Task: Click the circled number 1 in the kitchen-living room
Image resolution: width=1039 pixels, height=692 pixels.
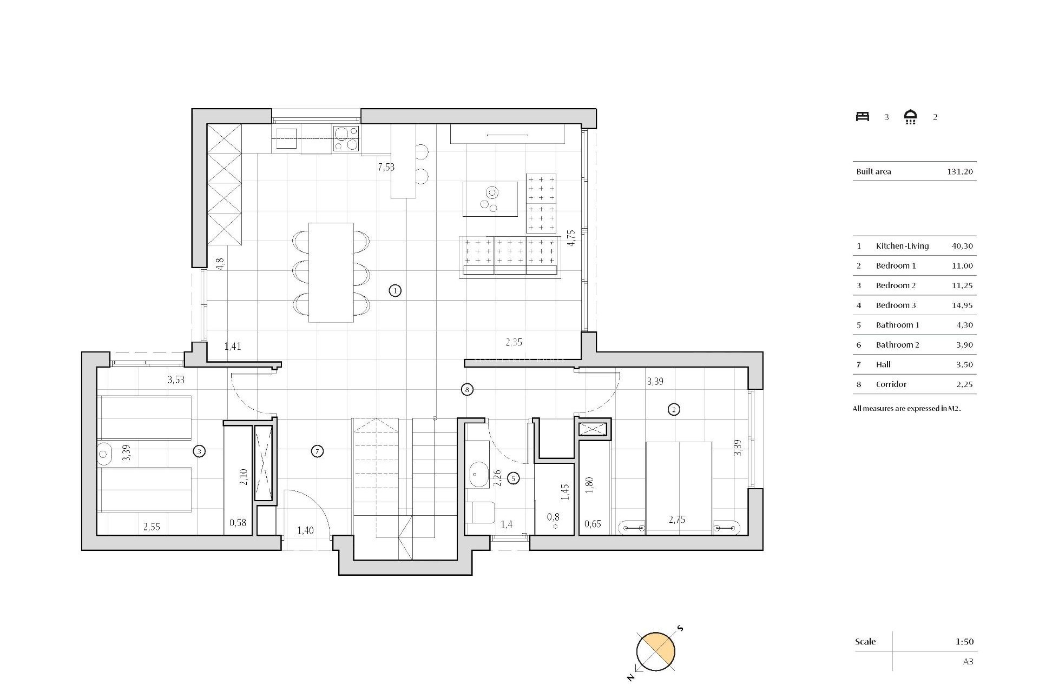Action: coord(395,291)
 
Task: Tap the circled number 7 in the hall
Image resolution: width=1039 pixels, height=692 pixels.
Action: coord(318,451)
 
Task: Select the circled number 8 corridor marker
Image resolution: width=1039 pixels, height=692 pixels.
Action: coord(467,389)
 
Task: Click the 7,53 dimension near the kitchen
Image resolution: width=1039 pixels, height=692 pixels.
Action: coord(386,167)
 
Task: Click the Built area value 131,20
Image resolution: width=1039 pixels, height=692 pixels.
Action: coord(960,172)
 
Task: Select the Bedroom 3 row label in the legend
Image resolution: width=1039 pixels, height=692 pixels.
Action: coord(896,305)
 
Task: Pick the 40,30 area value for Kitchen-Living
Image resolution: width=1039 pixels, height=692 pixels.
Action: coord(962,246)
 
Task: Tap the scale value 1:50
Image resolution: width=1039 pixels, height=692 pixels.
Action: coord(964,642)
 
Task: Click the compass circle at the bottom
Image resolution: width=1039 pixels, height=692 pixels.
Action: coord(656,651)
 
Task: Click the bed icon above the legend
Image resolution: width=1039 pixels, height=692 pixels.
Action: coord(862,117)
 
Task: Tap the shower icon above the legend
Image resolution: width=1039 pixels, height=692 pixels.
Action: coord(911,117)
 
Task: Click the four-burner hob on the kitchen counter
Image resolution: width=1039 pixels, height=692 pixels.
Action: coord(346,138)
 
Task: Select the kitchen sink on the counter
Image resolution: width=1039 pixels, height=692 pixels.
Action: coord(286,135)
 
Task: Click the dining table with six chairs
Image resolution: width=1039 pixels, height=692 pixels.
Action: coord(331,272)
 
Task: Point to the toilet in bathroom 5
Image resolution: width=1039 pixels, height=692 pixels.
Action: coord(480,513)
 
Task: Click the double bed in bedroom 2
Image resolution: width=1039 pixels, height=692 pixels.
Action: coord(679,487)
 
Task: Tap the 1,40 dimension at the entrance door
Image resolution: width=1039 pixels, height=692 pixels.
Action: coord(305,530)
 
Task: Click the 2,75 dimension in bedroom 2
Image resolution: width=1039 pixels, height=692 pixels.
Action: coord(676,520)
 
